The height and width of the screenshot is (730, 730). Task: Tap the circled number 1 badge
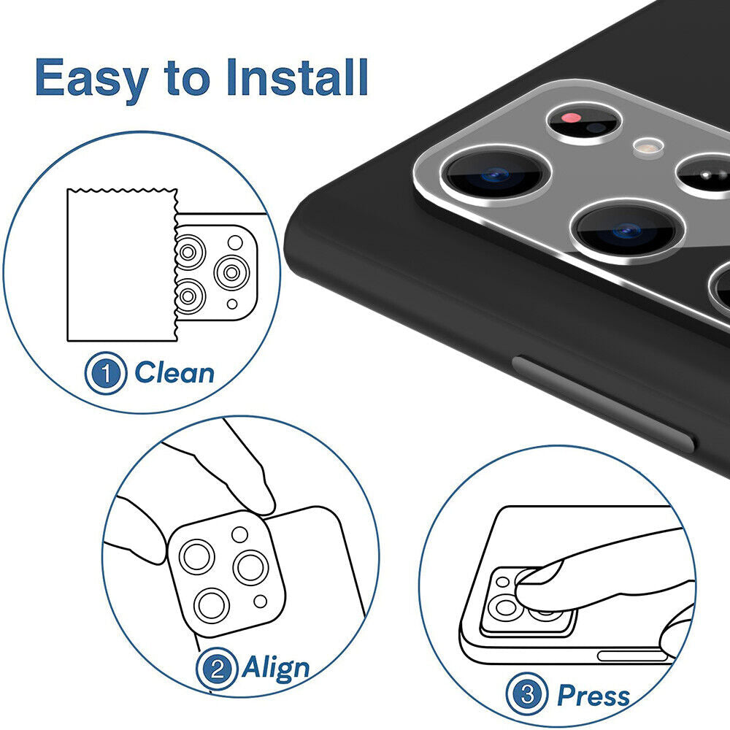107,374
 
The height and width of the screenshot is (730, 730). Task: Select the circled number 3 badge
527,696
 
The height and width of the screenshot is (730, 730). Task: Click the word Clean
174,373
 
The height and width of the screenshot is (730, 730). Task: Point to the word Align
276,666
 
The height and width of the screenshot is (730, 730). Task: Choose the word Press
593,695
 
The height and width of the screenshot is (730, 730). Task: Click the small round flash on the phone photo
645,146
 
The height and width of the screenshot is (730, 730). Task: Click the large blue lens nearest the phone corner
496,174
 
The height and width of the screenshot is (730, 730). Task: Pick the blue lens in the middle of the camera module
625,230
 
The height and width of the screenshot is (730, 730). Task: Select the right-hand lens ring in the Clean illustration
232,273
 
